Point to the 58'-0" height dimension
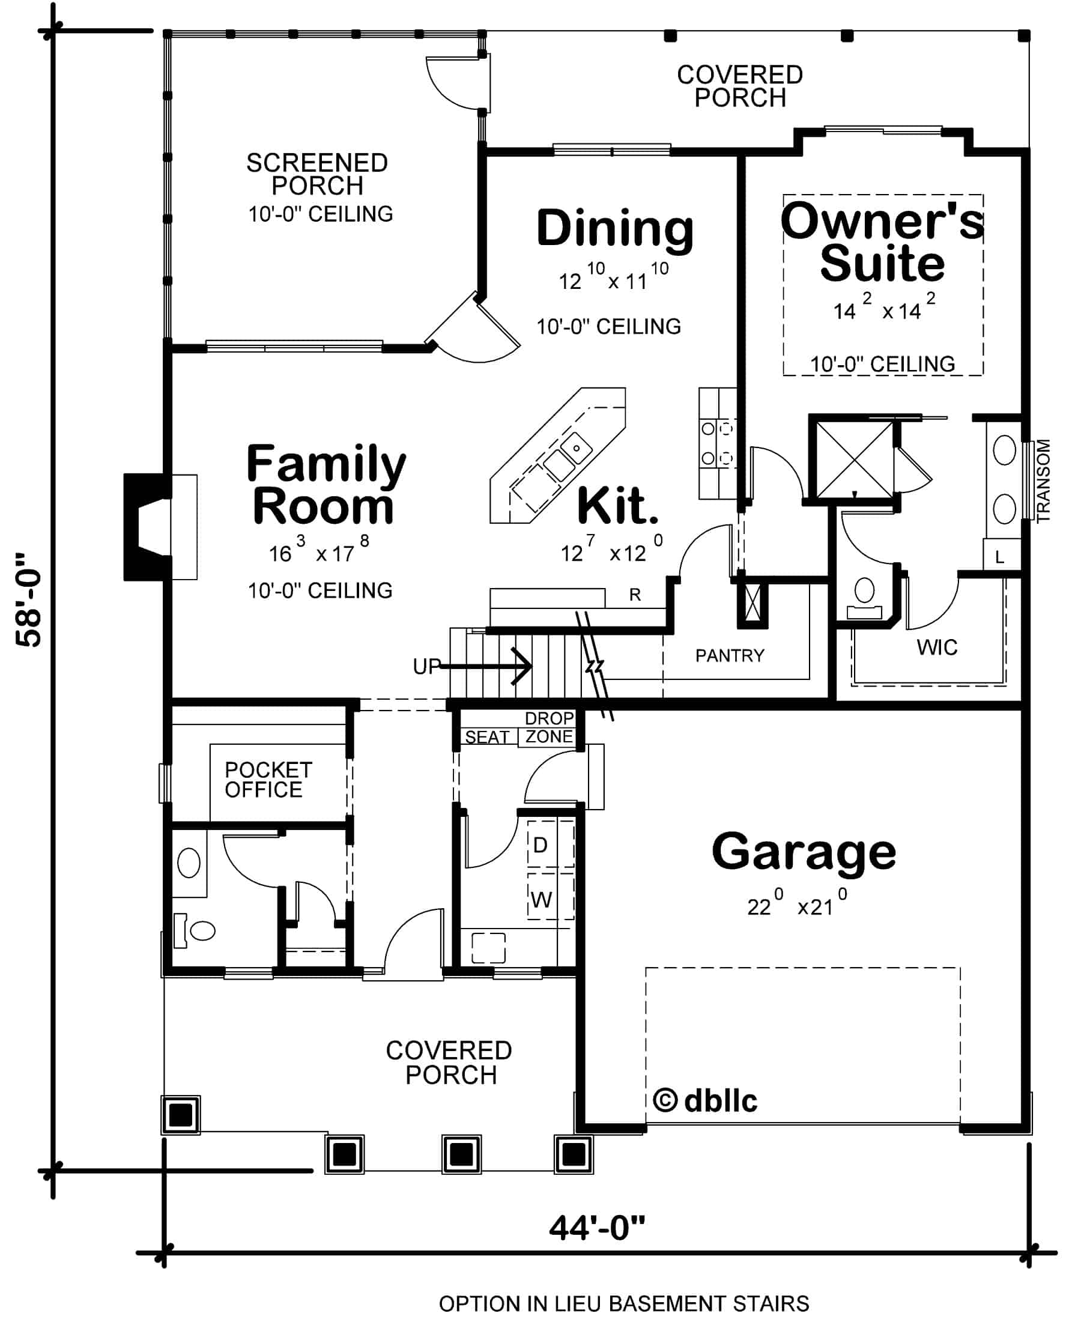point(29,599)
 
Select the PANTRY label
point(729,656)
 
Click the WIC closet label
point(936,647)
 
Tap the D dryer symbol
point(540,845)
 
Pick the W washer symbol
point(541,900)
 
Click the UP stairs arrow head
point(523,666)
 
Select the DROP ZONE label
point(548,727)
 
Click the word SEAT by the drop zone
point(487,738)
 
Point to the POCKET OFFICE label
point(268,780)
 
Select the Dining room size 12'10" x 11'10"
point(613,279)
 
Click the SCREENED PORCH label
point(317,174)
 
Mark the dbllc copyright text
point(706,1101)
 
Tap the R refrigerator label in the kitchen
point(635,595)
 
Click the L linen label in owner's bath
point(999,557)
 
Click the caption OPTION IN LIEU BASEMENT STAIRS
point(623,1303)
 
